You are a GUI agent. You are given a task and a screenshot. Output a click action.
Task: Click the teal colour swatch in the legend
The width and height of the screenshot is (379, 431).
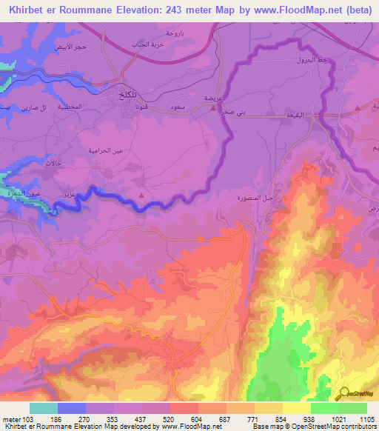[x=44, y=408]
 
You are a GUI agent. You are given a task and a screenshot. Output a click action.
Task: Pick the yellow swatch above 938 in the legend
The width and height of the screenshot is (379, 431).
[x=296, y=408]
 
